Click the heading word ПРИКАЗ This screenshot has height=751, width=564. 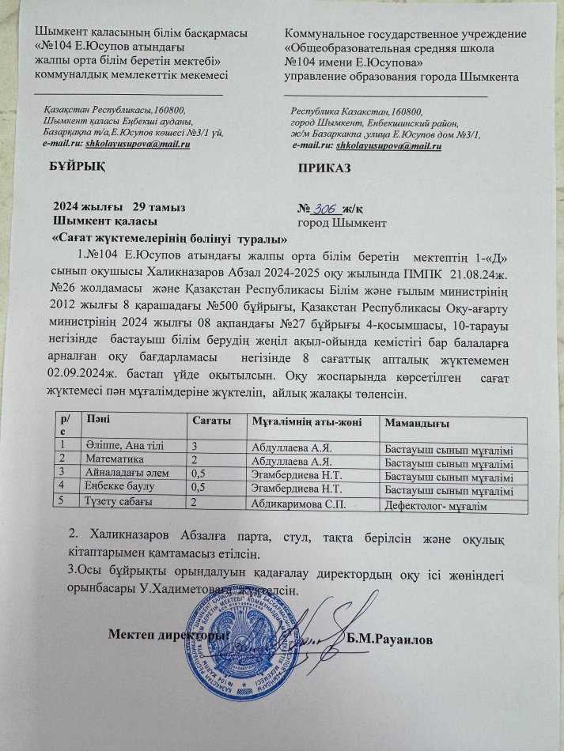324,169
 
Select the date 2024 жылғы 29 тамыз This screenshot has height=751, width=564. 119,207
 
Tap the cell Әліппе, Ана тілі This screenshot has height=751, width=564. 125,447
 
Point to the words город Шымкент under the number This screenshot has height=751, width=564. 342,223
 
